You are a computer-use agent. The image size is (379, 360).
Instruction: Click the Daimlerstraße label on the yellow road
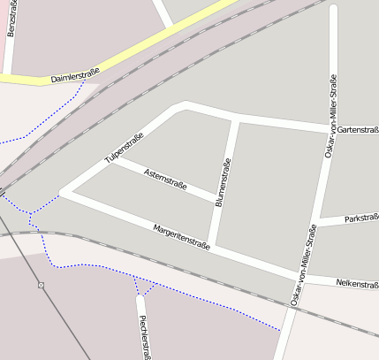74,78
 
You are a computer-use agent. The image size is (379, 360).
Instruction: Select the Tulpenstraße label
124,147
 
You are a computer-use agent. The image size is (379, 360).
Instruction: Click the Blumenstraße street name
223,181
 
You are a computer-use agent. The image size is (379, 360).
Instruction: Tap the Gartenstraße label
358,131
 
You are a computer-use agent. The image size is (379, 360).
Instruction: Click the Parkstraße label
361,218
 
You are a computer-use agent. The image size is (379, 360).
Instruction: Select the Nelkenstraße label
357,285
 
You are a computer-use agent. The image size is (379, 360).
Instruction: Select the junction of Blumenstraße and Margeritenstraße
210,247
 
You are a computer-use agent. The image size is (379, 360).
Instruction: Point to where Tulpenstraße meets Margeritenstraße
62,192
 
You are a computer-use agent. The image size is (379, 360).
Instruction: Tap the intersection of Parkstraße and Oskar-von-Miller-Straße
315,223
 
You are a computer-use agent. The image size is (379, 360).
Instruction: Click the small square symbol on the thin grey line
41,285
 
